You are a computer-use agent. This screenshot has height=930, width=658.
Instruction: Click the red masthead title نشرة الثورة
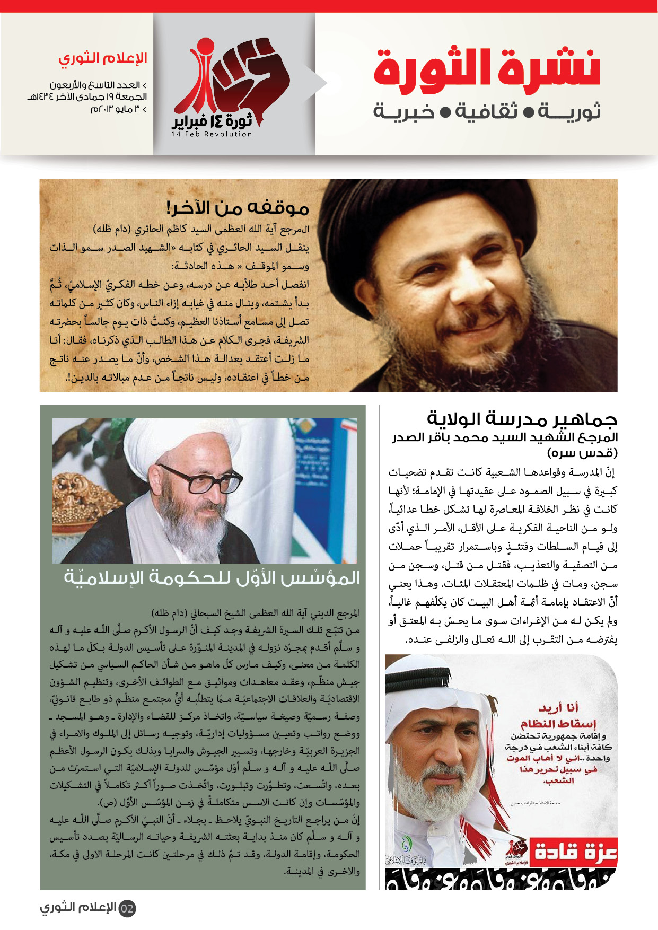pyautogui.click(x=487, y=68)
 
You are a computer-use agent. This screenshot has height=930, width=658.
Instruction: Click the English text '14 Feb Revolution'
pyautogui.click(x=212, y=135)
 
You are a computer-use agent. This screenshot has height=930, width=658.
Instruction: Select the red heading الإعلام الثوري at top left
pyautogui.click(x=102, y=58)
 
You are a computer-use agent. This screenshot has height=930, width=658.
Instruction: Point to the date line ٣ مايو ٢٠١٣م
pyautogui.click(x=118, y=109)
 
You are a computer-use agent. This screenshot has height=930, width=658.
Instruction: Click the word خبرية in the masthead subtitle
pyautogui.click(x=403, y=112)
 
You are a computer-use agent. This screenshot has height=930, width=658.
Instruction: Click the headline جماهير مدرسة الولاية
pyautogui.click(x=522, y=419)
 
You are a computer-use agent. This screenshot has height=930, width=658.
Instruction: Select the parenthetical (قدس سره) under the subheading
pyautogui.click(x=582, y=453)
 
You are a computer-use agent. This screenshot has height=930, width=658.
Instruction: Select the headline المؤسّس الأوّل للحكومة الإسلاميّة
pyautogui.click(x=212, y=578)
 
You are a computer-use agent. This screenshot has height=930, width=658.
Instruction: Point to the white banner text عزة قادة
pyautogui.click(x=575, y=853)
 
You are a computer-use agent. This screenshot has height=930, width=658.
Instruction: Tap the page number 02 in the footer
pyautogui.click(x=127, y=908)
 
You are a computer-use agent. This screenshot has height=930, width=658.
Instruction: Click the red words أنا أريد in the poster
pyautogui.click(x=558, y=707)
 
